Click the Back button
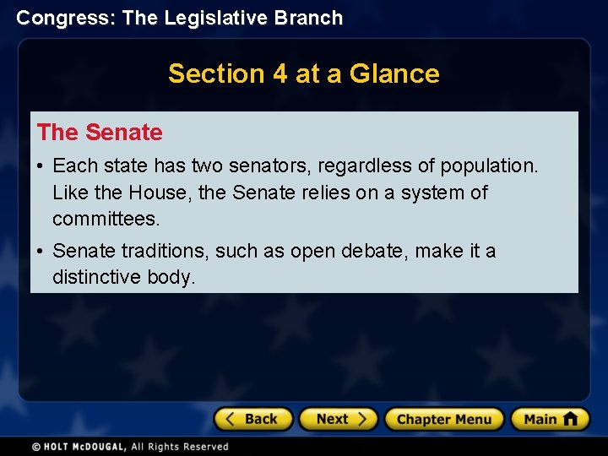(x=252, y=419)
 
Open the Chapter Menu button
(x=443, y=419)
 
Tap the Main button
(x=550, y=419)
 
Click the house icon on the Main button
(x=570, y=418)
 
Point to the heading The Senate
(x=100, y=133)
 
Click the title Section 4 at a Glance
(x=303, y=73)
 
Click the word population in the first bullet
(x=497, y=166)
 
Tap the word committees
(x=105, y=220)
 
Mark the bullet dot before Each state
(x=41, y=166)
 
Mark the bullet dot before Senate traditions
(x=41, y=252)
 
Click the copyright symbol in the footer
(x=35, y=447)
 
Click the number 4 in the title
(x=280, y=73)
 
